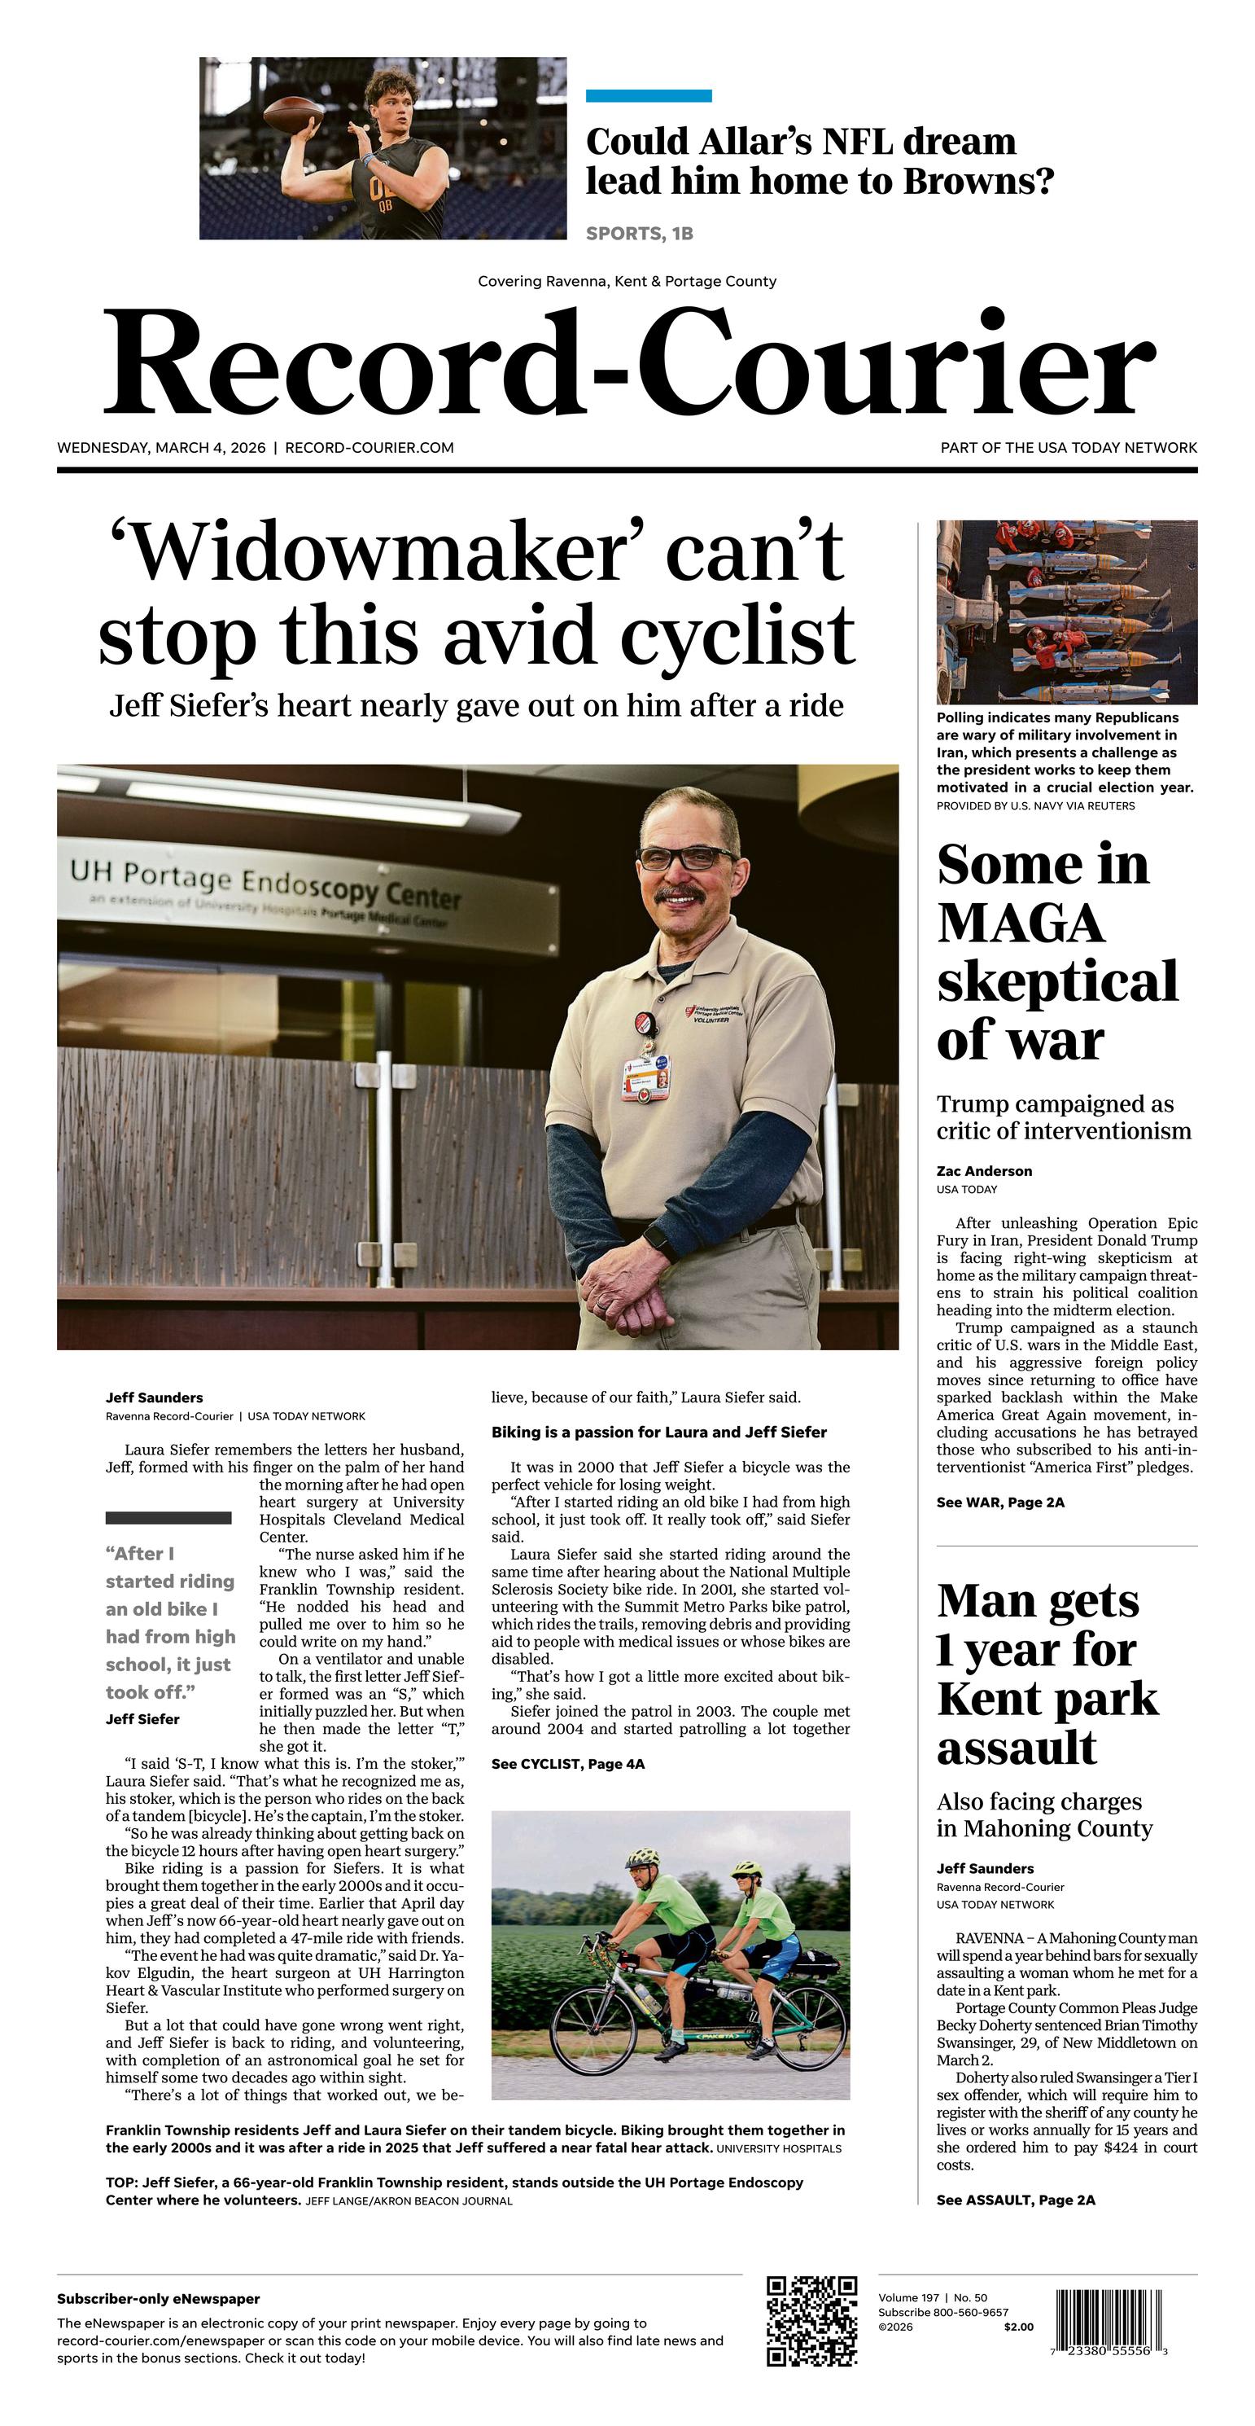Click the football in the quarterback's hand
tap(293, 114)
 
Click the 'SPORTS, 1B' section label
tap(639, 234)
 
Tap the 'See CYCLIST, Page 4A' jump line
tap(568, 1764)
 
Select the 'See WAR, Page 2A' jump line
tap(1000, 1503)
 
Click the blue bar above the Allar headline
tap(648, 96)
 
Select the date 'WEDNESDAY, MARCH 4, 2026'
tap(161, 448)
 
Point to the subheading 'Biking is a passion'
tap(658, 1432)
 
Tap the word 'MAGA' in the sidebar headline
tap(1020, 923)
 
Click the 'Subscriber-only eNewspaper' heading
tap(158, 2299)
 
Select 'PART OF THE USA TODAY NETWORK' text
tap(1068, 448)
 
